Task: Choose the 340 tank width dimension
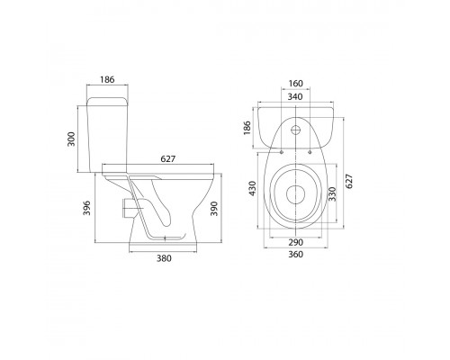pos(296,100)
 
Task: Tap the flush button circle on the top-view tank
pos(296,128)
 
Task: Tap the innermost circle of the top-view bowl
pos(296,193)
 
